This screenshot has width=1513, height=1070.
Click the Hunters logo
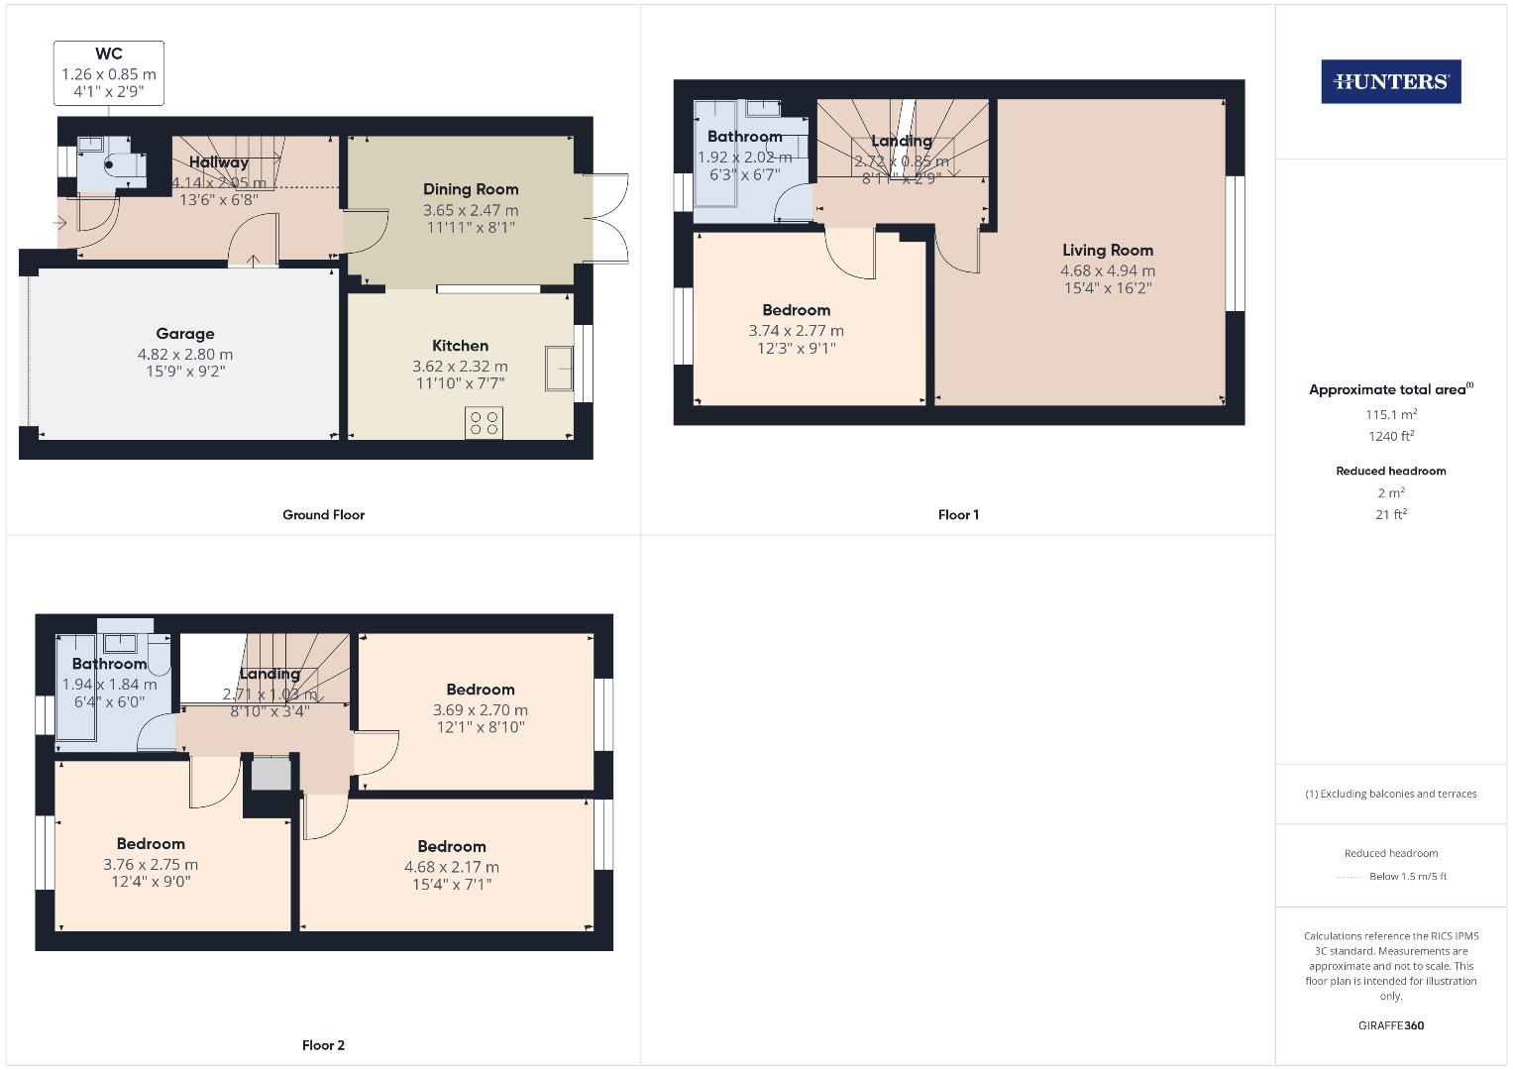pyautogui.click(x=1390, y=82)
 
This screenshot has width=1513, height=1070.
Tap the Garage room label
pyautogui.click(x=185, y=334)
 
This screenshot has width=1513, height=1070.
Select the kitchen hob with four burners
pyautogui.click(x=484, y=423)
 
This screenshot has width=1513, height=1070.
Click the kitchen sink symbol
pyautogui.click(x=559, y=369)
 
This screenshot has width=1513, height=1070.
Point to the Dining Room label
pyautogui.click(x=471, y=189)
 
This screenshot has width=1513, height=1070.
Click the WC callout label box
pyautogui.click(x=109, y=72)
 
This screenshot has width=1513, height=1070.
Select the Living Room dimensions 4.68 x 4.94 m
pyautogui.click(x=1108, y=270)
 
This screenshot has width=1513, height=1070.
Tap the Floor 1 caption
pyautogui.click(x=958, y=514)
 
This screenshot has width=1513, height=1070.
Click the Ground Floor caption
pyautogui.click(x=323, y=514)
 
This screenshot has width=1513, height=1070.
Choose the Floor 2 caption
pyautogui.click(x=323, y=1045)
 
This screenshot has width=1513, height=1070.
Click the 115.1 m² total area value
pyautogui.click(x=1390, y=415)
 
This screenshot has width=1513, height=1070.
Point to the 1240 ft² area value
pyautogui.click(x=1390, y=436)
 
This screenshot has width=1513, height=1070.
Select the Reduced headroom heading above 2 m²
pyautogui.click(x=1390, y=471)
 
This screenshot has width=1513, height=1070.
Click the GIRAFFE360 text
pyautogui.click(x=1390, y=1025)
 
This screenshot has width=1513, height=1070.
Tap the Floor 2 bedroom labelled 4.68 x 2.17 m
pyautogui.click(x=452, y=846)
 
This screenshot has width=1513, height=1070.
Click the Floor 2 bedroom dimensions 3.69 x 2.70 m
pyautogui.click(x=481, y=709)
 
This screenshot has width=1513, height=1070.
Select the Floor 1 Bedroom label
pyautogui.click(x=797, y=310)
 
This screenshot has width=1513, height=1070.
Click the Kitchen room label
pyautogui.click(x=460, y=346)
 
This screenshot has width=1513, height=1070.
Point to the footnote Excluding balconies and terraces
pyautogui.click(x=1390, y=794)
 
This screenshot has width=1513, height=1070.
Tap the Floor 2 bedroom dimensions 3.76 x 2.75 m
pyautogui.click(x=151, y=864)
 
